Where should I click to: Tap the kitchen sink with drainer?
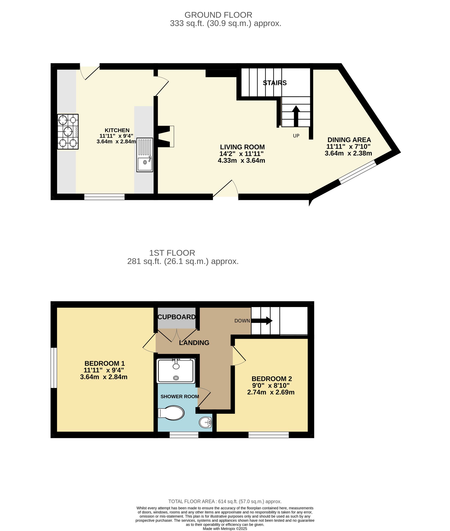pos(145,155)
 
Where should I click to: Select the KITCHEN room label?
pos(117,130)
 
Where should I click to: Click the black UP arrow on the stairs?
pos(296,116)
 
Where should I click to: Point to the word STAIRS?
pos(275,83)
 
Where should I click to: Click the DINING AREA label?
pos(349,140)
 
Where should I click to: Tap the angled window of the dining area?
pos(358,172)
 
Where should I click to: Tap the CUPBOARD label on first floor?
pos(177,317)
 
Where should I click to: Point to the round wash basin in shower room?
pos(205,422)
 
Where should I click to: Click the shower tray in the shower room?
pos(176,371)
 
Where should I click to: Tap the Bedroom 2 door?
pos(239,356)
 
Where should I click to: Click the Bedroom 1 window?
pos(54,367)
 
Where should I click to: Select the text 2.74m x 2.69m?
pos(271,392)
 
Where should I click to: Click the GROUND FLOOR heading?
pos(218,15)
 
